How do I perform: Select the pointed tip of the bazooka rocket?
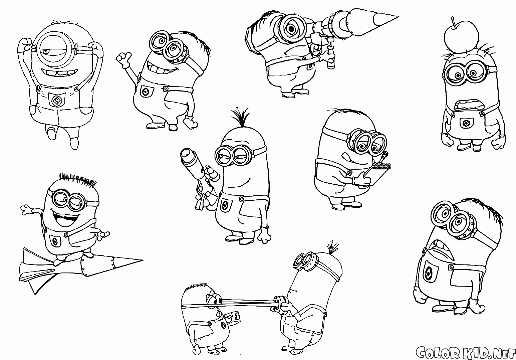tap(398, 17)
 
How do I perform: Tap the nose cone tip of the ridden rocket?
tap(143, 260)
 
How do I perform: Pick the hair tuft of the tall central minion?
tap(240, 117)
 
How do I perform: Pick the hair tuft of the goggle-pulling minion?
tap(333, 248)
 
